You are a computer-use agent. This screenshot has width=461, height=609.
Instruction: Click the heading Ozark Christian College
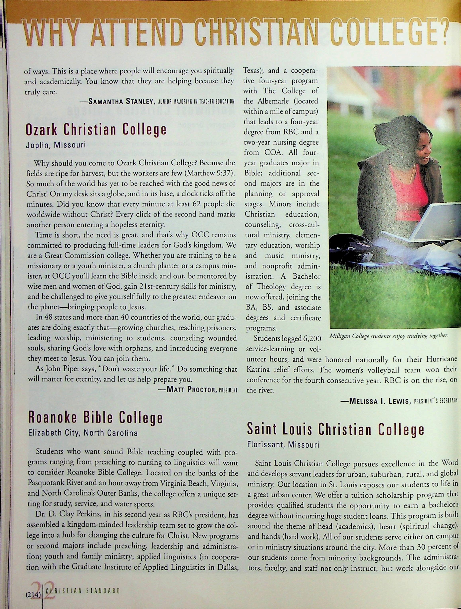pos(96,130)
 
